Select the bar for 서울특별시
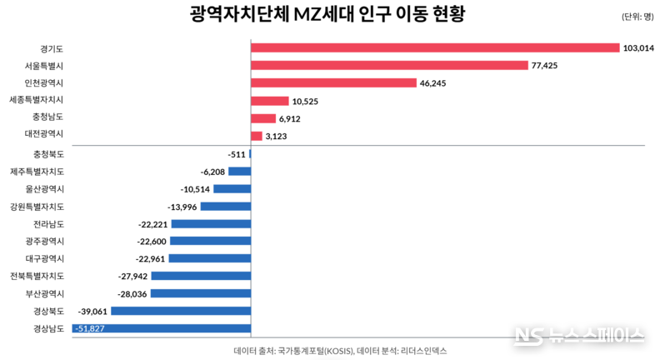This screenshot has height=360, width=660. [389, 65]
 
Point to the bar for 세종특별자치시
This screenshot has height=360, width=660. [264, 101]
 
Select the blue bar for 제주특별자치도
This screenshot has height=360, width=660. [240, 172]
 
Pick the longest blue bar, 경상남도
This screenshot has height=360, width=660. [162, 328]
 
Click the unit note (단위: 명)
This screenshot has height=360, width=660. [637, 17]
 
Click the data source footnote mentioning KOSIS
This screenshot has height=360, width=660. [333, 351]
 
